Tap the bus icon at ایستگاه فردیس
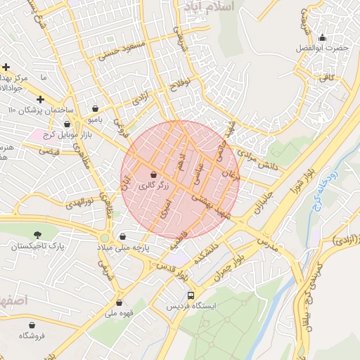[x=191, y=295]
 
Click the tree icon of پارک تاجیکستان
[x=37, y=234]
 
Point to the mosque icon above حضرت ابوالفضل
[x=322, y=37]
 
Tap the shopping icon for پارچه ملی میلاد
[x=124, y=236]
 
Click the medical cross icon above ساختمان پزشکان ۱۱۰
[x=40, y=100]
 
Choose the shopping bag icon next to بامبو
[x=95, y=109]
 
